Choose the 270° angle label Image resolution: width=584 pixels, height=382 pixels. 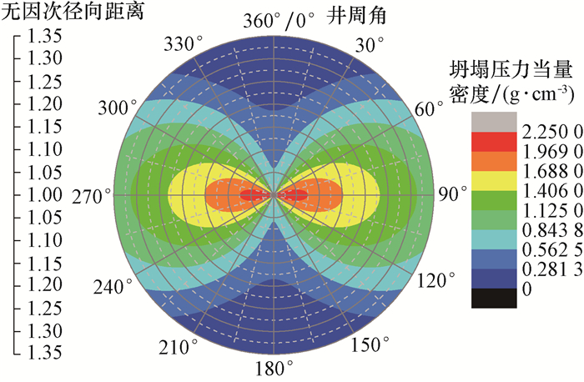tap(91, 195)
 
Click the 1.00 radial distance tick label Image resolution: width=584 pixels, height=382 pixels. tap(43, 194)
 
